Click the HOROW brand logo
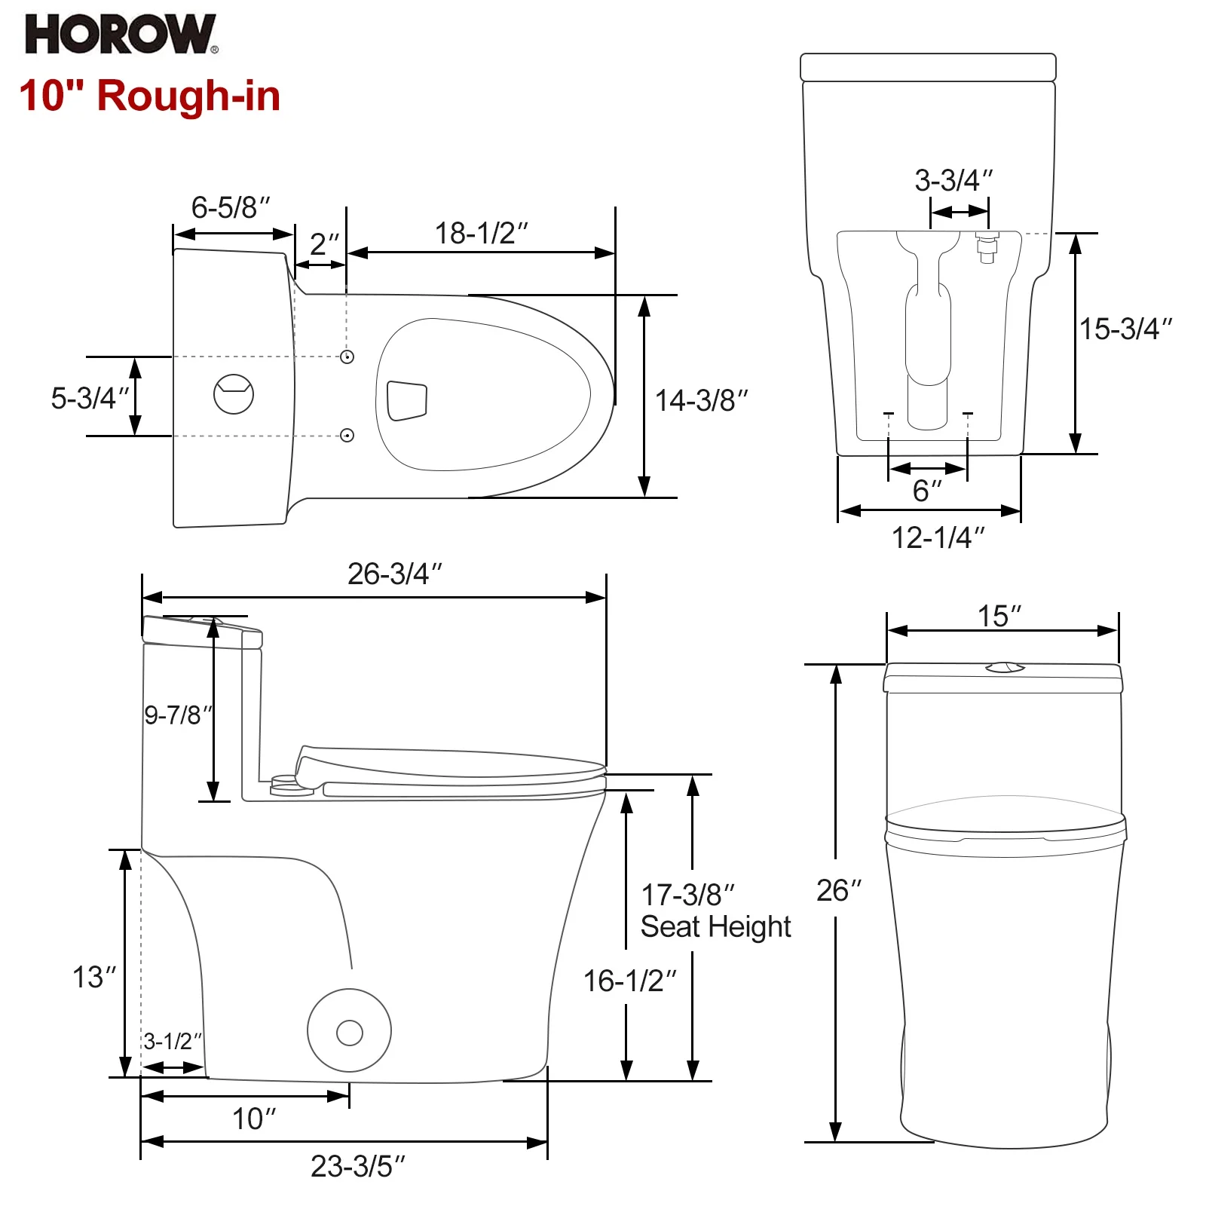121,34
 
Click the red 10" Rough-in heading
150,96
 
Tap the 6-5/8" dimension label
230,207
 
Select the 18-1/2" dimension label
482,233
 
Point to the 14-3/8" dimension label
701,400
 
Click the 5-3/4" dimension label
90,397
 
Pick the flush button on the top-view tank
234,393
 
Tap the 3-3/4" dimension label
953,180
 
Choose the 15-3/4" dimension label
1126,329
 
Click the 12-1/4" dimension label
938,537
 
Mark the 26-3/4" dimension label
394,574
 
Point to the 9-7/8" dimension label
178,715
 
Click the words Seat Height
715,926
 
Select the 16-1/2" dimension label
629,981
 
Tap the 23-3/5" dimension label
357,1166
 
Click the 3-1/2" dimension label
173,1041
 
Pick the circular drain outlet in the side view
349,1030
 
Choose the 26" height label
838,890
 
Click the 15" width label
999,616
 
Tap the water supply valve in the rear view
987,247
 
